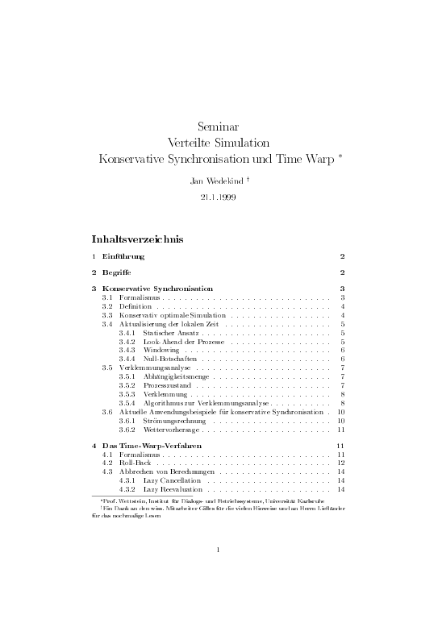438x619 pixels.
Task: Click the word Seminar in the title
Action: pos(218,125)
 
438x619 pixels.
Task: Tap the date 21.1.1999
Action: pos(218,197)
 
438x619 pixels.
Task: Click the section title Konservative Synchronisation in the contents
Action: pos(158,288)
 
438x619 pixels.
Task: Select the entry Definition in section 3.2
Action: pos(129,306)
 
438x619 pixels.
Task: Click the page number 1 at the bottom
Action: pos(219,550)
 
